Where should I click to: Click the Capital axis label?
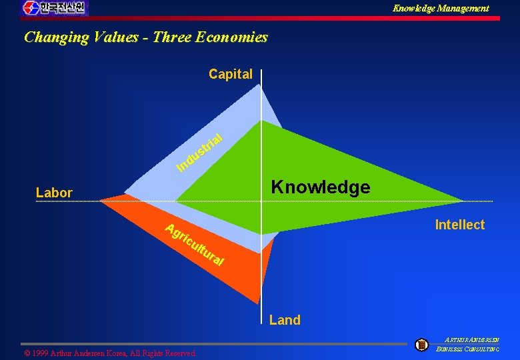pos(231,74)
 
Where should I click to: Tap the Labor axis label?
pos(54,193)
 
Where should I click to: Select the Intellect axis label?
pos(459,225)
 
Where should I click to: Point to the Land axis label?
pos(285,320)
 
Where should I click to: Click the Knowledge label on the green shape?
pos(320,187)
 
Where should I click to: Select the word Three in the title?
pos(172,37)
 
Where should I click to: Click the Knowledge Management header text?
pos(440,9)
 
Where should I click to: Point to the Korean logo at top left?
pos(54,8)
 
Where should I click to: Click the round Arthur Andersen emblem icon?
pos(421,345)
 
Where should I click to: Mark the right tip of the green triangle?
pos(462,201)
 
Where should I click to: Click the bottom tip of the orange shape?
pos(257,303)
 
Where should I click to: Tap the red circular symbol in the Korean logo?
pos(31,8)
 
